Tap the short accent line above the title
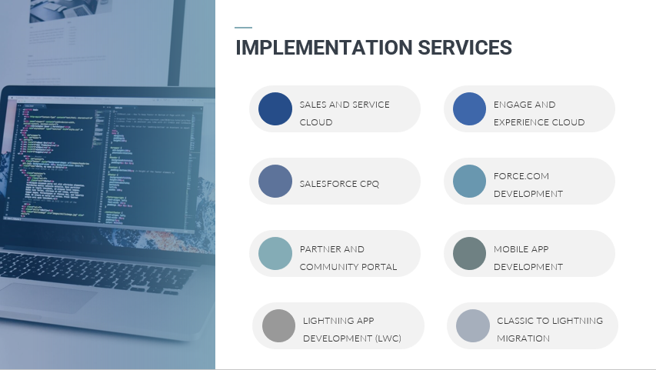click(x=243, y=28)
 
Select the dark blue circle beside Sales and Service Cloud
click(x=275, y=108)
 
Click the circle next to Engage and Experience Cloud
click(x=469, y=108)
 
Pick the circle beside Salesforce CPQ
click(x=275, y=182)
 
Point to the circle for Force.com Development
click(x=469, y=182)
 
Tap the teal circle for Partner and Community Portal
click(x=275, y=254)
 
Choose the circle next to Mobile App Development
click(x=469, y=254)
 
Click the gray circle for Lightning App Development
click(x=278, y=325)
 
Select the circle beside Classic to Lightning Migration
click(x=472, y=325)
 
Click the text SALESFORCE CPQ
click(x=339, y=184)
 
